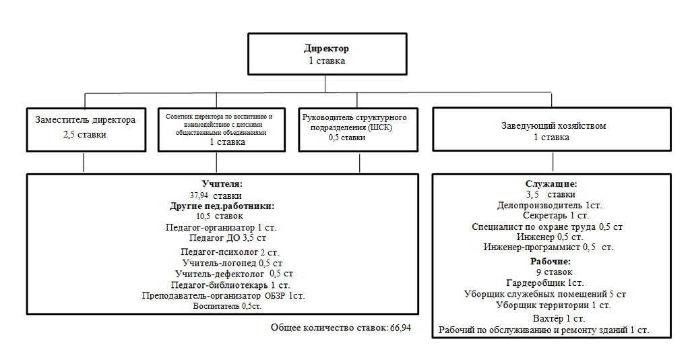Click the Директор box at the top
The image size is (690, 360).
pos(327,55)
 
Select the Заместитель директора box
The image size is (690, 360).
pos(84,128)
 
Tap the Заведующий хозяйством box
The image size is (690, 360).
pos(552,131)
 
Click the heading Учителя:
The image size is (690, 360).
pos(222,183)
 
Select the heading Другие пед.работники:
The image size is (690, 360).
pos(222,206)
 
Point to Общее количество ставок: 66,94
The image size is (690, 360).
pos(340,327)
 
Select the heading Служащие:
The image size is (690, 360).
pos(551,183)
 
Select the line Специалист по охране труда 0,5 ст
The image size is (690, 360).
pos(547,227)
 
